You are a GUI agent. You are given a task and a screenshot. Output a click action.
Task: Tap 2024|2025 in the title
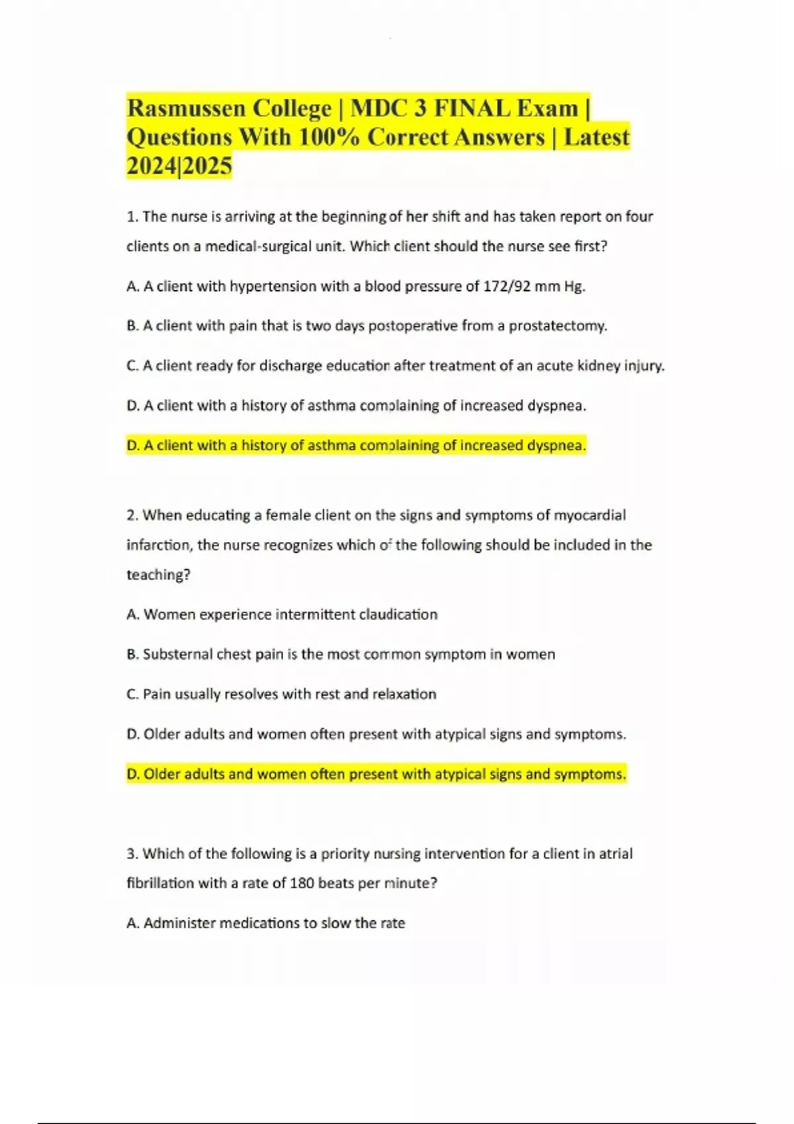tap(179, 165)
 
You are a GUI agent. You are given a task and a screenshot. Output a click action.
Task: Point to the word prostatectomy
tap(557, 326)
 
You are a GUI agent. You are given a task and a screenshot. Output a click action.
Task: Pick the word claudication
tap(398, 614)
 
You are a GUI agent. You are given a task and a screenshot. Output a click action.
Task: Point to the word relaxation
tap(404, 694)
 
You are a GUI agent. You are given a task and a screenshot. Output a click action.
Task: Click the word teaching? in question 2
tap(158, 575)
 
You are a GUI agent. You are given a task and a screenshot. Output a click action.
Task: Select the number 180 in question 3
tap(302, 883)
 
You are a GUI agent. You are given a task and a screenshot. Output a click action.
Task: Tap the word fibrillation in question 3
tap(159, 883)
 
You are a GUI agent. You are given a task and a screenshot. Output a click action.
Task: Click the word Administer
tap(179, 923)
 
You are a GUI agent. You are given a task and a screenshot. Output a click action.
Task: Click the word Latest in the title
tap(596, 137)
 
